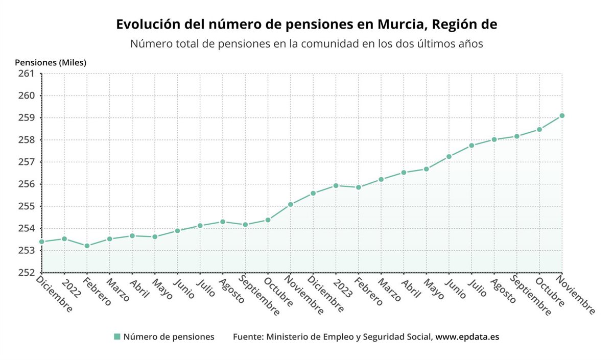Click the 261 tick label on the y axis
pyautogui.click(x=26, y=74)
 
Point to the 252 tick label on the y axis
pyautogui.click(x=26, y=273)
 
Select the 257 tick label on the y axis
pyautogui.click(x=26, y=162)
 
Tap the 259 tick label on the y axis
pyautogui.click(x=26, y=118)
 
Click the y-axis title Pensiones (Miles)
pyautogui.click(x=51, y=63)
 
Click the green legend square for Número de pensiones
pyautogui.click(x=117, y=337)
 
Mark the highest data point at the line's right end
pyautogui.click(x=562, y=116)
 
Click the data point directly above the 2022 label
pyautogui.click(x=64, y=238)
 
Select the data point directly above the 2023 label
pyautogui.click(x=336, y=185)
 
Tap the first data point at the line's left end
pyautogui.click(x=41, y=242)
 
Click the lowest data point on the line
pyautogui.click(x=87, y=246)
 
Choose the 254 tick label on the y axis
pyautogui.click(x=26, y=228)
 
